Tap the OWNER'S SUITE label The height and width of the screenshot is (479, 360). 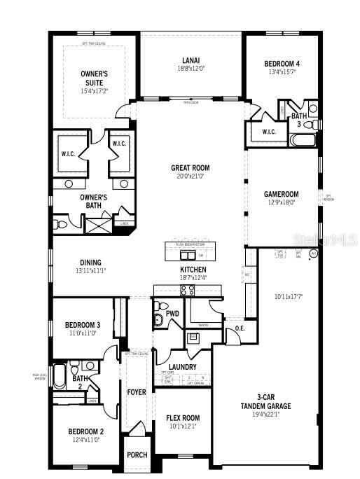coord(95,78)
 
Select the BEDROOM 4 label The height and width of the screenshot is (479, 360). coord(282,62)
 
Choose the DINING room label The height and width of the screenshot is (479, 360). coord(90,263)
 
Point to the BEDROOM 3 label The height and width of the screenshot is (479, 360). coord(83,325)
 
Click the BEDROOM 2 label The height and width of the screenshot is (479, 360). coord(86,431)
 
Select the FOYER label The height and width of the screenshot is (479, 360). coord(136,392)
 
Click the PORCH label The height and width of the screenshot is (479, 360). coord(137,454)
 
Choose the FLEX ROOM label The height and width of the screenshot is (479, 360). coord(182,417)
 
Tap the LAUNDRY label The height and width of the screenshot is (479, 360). coord(182,366)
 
